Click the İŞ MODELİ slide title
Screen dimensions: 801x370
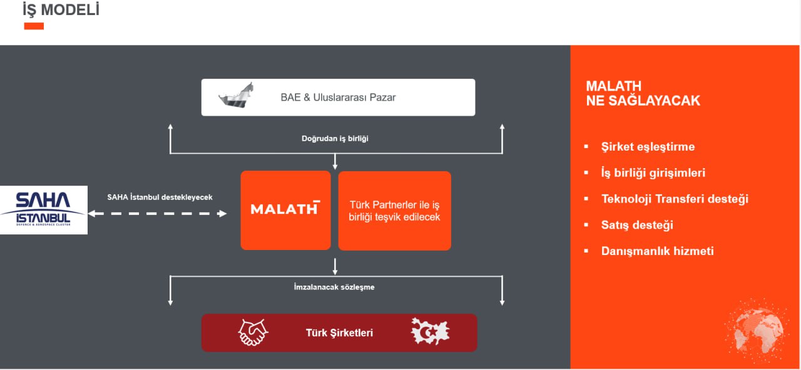click(61, 9)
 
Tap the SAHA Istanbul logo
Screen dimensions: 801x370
click(43, 209)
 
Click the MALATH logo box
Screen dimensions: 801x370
click(285, 211)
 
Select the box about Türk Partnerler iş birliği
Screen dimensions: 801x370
click(394, 211)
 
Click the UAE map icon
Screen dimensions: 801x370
click(236, 96)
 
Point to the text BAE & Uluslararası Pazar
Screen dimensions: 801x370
click(338, 97)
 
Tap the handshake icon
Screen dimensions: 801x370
click(253, 332)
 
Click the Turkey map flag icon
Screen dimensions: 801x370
click(430, 331)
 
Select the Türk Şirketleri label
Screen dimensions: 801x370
click(339, 333)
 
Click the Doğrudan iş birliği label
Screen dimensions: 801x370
click(335, 139)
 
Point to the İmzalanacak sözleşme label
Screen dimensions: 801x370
click(334, 287)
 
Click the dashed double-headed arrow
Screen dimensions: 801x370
click(157, 214)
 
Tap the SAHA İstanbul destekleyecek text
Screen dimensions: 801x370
click(160, 197)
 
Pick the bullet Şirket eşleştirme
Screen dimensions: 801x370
click(648, 147)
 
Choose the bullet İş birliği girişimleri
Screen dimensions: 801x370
click(653, 173)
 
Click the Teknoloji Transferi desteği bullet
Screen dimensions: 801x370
click(675, 199)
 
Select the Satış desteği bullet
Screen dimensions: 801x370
click(637, 225)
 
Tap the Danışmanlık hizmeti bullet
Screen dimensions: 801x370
click(657, 251)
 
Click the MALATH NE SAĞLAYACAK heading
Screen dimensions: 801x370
click(643, 94)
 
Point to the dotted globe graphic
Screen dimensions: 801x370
click(757, 331)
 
